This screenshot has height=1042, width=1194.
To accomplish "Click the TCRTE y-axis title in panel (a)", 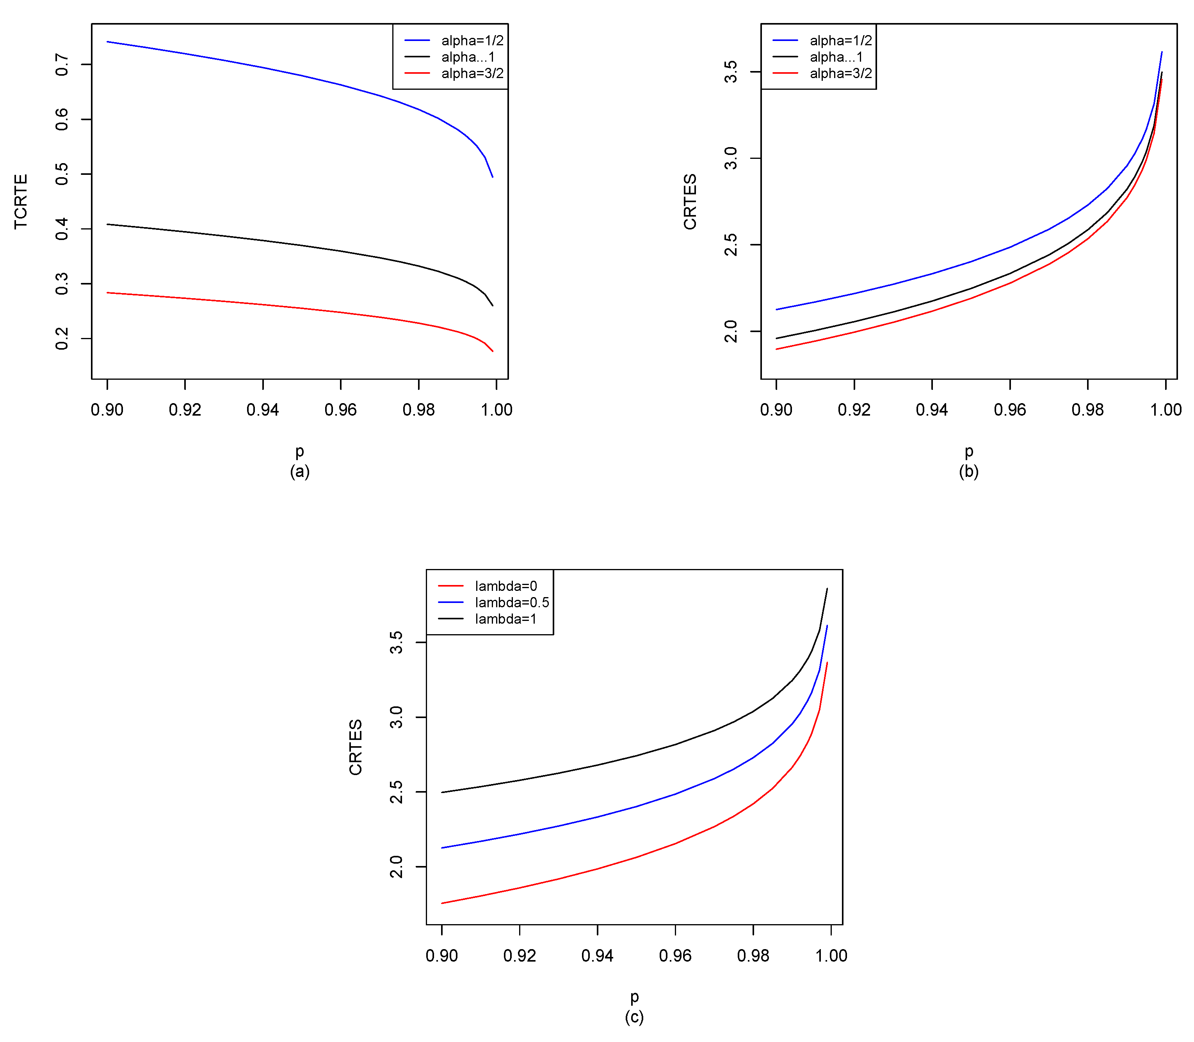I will click(21, 201).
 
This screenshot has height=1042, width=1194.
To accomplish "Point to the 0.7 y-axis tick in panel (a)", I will click(62, 64).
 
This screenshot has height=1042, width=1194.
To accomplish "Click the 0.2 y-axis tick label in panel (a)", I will click(62, 338).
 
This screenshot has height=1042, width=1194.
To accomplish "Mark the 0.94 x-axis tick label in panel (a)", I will click(263, 410).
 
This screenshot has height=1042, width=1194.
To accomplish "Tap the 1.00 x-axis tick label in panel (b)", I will click(1166, 410).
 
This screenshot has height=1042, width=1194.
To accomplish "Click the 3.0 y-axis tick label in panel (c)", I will click(396, 717).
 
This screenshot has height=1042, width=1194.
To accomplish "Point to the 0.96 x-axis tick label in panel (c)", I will click(675, 956).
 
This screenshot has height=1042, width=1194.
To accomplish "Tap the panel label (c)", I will click(634, 1017).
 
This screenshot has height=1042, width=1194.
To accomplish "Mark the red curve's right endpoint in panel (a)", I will click(493, 351).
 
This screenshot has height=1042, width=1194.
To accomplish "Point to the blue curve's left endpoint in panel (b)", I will click(776, 309).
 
